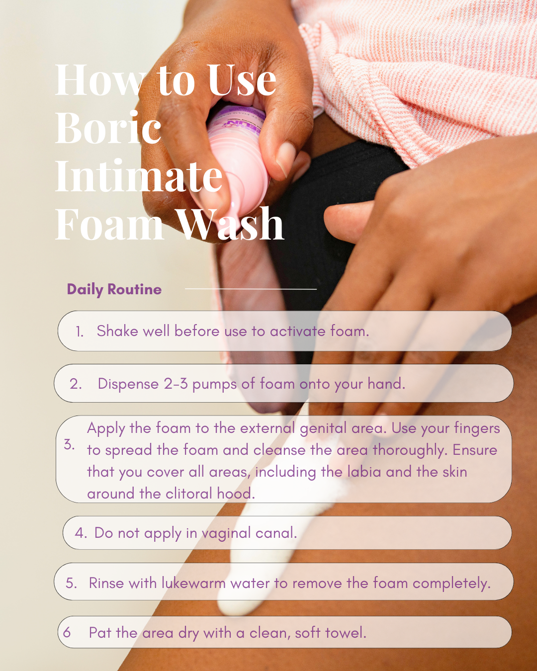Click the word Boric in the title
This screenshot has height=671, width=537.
coord(108,128)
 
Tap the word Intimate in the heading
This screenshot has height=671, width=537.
coord(139,176)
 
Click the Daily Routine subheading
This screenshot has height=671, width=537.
coord(114,289)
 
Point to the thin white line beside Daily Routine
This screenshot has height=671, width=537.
coord(251,289)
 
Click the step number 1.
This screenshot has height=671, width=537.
coord(80,332)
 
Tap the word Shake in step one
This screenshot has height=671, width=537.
coord(117,331)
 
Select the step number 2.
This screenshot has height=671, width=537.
coord(76,384)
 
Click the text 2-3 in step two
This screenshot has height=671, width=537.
coord(176,384)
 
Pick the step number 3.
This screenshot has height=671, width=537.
coord(69,444)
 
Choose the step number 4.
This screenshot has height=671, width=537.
coord(80,533)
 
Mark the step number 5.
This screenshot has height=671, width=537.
coord(71,583)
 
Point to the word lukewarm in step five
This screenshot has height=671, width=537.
coord(193,583)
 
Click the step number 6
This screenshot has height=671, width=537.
coord(67,632)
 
